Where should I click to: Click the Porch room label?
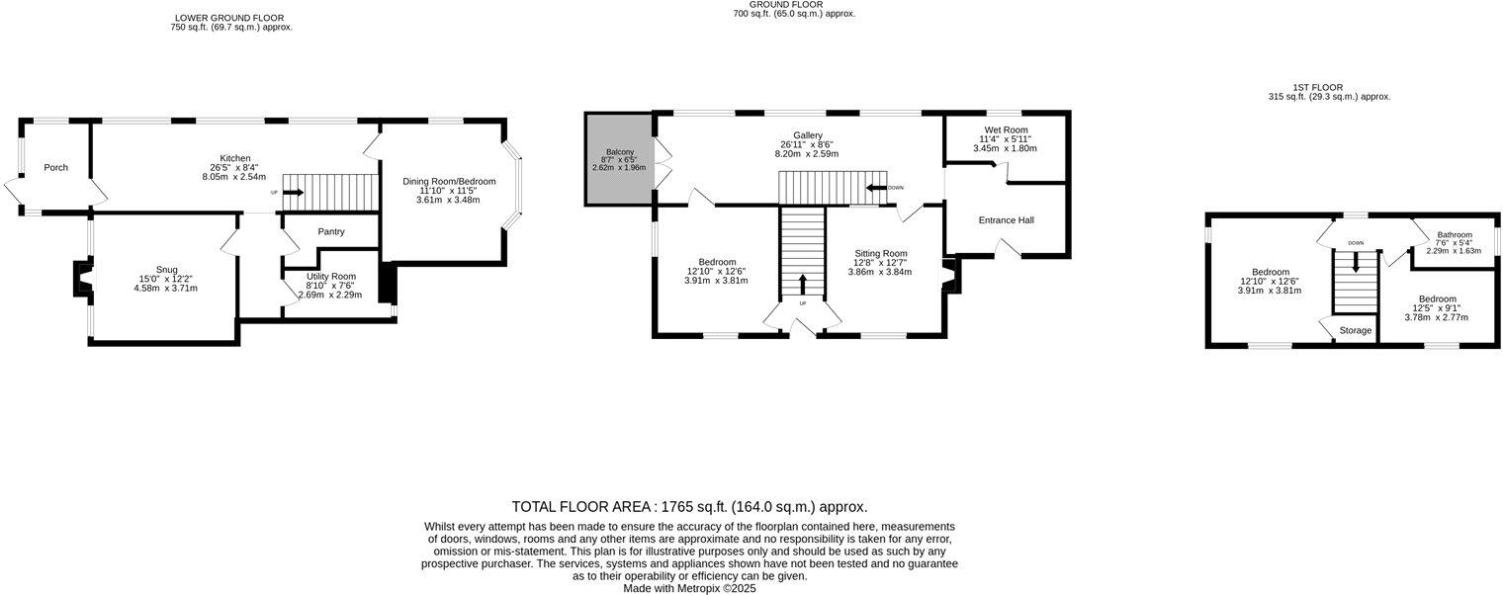coord(55,168)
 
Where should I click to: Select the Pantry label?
coord(331,232)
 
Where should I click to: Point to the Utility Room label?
coord(331,276)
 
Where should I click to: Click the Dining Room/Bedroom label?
coord(449,182)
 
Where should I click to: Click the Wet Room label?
coord(1006,129)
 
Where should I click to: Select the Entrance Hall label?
coord(1006,219)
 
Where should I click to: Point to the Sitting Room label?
coord(881,253)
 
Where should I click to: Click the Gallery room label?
coord(808,135)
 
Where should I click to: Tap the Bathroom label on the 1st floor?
coord(1455,235)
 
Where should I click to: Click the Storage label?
coord(1356,330)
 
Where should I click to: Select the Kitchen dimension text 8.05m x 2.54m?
coord(234,177)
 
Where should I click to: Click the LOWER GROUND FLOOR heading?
coord(229,18)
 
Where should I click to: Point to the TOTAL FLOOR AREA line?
coord(689,506)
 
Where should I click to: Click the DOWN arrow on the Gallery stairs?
coord(876,187)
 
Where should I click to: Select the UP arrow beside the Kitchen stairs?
coord(294,193)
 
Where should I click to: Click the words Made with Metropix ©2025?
coord(689,587)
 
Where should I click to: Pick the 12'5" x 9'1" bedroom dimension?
coord(1438,308)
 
